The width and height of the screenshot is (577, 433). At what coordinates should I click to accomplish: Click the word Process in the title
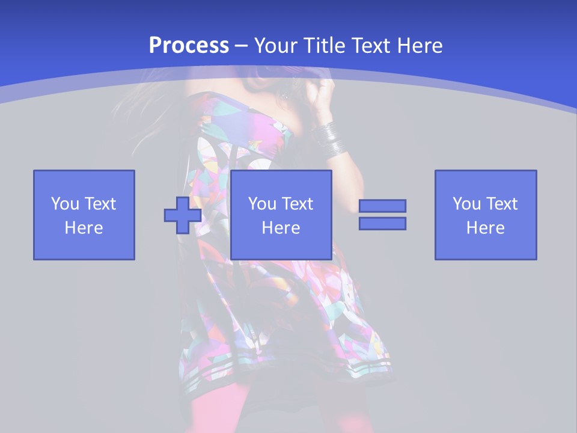189,46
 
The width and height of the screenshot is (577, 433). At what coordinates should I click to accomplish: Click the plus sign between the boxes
183,215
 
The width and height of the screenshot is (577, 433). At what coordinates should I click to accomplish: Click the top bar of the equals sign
382,206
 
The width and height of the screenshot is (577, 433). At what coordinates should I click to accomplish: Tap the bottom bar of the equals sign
382,223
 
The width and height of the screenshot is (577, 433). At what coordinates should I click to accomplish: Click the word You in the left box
65,204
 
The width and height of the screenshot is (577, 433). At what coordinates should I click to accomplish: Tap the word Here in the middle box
281,228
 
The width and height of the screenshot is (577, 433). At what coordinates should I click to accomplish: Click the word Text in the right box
501,204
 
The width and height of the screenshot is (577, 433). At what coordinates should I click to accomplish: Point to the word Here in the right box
486,228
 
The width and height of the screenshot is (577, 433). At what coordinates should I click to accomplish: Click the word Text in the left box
100,204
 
